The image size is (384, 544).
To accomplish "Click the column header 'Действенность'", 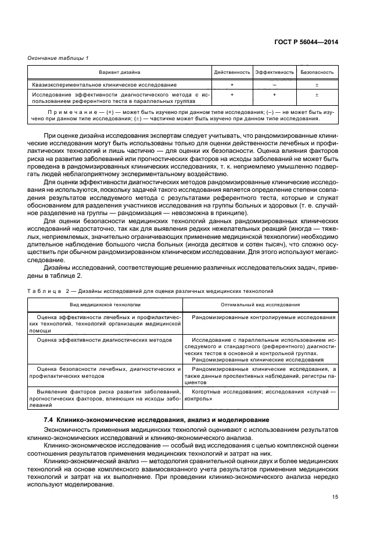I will tap(232, 73).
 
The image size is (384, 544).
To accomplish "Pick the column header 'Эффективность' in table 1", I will tap(274, 73).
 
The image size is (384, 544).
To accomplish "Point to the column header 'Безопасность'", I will tap(317, 73).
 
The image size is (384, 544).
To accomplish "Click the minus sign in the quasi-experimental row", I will tap(274, 85).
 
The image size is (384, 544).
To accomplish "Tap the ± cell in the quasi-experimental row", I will tap(317, 85).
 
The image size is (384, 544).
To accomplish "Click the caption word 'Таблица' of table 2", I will tap(44, 290).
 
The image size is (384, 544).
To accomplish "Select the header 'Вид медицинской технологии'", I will tap(105, 304).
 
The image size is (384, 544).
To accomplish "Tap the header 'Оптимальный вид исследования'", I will tap(260, 304).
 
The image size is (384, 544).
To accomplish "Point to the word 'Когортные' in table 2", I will tap(204, 393).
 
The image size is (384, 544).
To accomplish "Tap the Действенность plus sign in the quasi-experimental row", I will tap(232, 85).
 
